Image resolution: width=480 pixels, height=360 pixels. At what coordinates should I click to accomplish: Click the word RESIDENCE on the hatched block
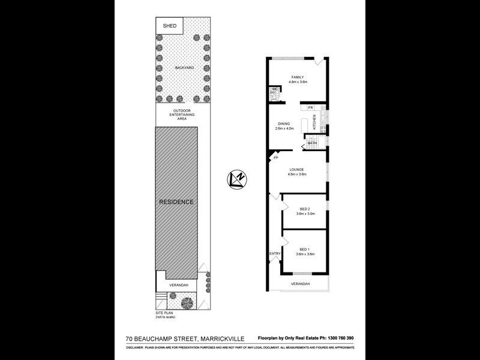[176, 202]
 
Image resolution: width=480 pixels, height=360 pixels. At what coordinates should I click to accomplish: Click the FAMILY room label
[298, 77]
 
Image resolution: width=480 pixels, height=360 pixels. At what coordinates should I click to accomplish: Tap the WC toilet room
[275, 92]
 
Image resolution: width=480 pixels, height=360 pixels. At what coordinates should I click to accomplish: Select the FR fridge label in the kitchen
[311, 107]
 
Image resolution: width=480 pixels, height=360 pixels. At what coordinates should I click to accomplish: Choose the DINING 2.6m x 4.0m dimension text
[284, 128]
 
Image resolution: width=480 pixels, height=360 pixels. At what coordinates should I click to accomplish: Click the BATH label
[312, 143]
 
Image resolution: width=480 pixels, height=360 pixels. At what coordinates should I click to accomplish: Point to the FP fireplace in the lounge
[276, 158]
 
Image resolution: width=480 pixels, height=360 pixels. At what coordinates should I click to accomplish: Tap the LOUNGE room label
[298, 170]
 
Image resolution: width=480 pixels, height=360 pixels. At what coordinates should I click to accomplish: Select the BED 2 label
[305, 209]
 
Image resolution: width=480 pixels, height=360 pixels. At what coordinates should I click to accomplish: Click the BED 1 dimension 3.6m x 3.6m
[305, 254]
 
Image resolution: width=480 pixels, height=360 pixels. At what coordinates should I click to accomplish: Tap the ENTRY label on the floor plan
[275, 253]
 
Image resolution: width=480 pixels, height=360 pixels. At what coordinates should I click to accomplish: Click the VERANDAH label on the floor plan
[300, 283]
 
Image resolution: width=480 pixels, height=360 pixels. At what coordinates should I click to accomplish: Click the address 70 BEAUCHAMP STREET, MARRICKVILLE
[185, 339]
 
